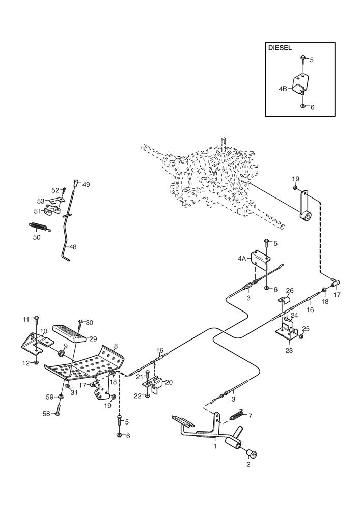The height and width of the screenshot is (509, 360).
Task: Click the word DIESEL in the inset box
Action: pos(280,48)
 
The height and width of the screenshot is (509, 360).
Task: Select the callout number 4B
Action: pos(283,88)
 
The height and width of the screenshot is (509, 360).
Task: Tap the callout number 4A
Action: pos(242,259)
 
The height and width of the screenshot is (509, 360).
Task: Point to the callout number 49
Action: pos(86,185)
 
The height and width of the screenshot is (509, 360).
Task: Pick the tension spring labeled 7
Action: pos(238,413)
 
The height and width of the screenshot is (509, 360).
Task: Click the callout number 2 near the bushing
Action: pos(248,464)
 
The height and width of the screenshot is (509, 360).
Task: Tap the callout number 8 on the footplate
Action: pos(116,346)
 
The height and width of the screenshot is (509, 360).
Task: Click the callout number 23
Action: pos(289,350)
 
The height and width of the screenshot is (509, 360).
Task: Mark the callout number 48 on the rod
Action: pos(73,247)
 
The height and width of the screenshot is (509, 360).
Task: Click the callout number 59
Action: pos(50,397)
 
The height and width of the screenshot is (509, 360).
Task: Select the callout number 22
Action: pos(139,396)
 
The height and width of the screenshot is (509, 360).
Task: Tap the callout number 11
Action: pos(26,319)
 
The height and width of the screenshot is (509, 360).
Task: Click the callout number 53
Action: pos(41,201)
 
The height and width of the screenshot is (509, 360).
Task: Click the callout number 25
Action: pos(306,329)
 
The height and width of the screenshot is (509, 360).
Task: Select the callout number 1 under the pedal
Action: pos(215,447)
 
